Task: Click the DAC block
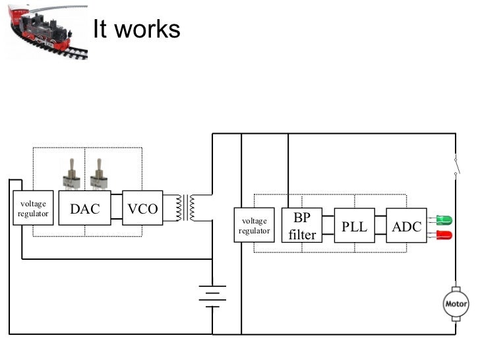pyautogui.click(x=85, y=208)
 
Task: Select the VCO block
pyautogui.click(x=142, y=208)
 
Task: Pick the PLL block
pyautogui.click(x=354, y=225)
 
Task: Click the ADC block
pyautogui.click(x=406, y=225)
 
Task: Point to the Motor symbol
pyautogui.click(x=456, y=303)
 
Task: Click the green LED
pyautogui.click(x=443, y=220)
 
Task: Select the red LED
pyautogui.click(x=443, y=235)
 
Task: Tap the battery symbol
pyautogui.click(x=212, y=297)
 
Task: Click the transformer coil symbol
pyautogui.click(x=187, y=208)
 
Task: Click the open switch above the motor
pyautogui.click(x=456, y=165)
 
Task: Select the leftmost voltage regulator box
pyautogui.click(x=33, y=208)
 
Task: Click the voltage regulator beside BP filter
pyautogui.click(x=255, y=225)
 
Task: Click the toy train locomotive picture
pyautogui.click(x=45, y=30)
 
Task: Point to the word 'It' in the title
pyautogui.click(x=100, y=29)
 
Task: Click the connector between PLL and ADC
pyautogui.click(x=380, y=225)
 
